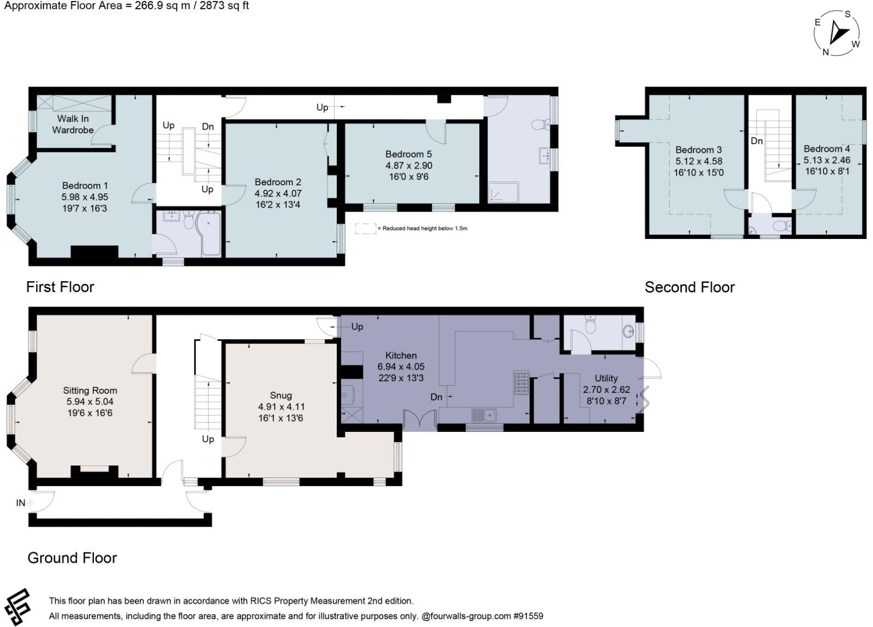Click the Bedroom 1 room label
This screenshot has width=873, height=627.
[84, 185]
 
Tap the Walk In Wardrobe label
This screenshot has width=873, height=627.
[73, 124]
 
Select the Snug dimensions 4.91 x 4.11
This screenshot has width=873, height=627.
[281, 407]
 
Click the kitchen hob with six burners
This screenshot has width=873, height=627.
[521, 383]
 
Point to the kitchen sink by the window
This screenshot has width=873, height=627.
[484, 415]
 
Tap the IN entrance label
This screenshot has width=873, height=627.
[21, 503]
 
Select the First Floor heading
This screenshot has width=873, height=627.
[60, 287]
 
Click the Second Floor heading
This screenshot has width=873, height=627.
[689, 287]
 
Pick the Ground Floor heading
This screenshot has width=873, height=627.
[72, 558]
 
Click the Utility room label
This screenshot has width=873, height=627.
[606, 378]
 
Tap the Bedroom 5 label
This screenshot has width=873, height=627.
[409, 154]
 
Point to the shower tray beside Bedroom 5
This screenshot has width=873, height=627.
[504, 192]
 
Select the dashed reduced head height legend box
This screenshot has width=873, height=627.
[365, 229]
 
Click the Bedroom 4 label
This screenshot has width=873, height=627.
[826, 149]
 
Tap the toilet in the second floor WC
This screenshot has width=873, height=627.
[781, 225]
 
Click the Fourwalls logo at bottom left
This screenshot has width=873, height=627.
[17, 607]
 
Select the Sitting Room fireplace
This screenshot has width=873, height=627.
[94, 471]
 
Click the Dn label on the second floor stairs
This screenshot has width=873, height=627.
[757, 141]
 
